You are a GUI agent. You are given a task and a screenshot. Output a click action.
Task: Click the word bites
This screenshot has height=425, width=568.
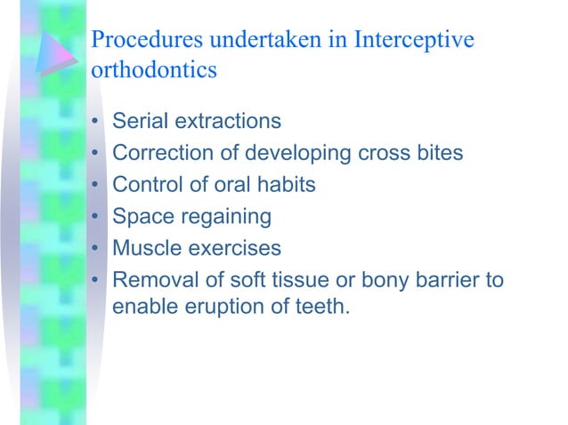click(435, 153)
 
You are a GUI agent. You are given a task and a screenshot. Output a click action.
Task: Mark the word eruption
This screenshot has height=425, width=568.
click(231, 311)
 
